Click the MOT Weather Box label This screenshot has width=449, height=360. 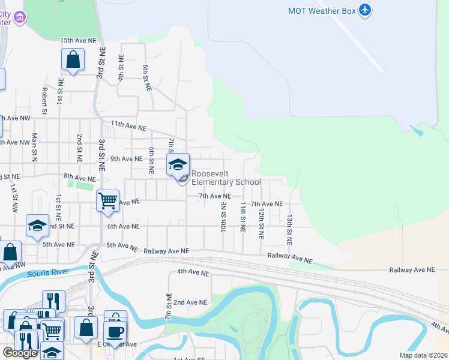[x=322, y=10]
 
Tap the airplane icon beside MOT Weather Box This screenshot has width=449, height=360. [x=364, y=10]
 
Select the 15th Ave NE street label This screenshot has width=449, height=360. [x=78, y=40]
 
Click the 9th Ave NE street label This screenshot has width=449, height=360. [x=126, y=159]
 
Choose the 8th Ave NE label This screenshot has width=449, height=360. [x=79, y=178]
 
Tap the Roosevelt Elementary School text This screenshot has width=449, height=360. [x=226, y=178]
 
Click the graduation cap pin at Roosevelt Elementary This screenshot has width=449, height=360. [x=178, y=164]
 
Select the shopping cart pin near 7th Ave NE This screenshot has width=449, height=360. [x=107, y=201]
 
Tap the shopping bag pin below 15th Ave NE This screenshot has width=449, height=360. [x=73, y=60]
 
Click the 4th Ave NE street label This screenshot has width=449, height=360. [x=192, y=272]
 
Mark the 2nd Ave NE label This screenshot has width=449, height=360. [x=190, y=302]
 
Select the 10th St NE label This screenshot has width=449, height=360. [x=223, y=217]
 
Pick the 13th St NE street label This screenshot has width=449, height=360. [x=289, y=229]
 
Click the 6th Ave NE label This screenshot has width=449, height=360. [x=123, y=226]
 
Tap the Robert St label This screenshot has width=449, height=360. [x=44, y=101]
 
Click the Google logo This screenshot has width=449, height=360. [x=20, y=353]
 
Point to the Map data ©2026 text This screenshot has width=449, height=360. [x=423, y=355]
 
